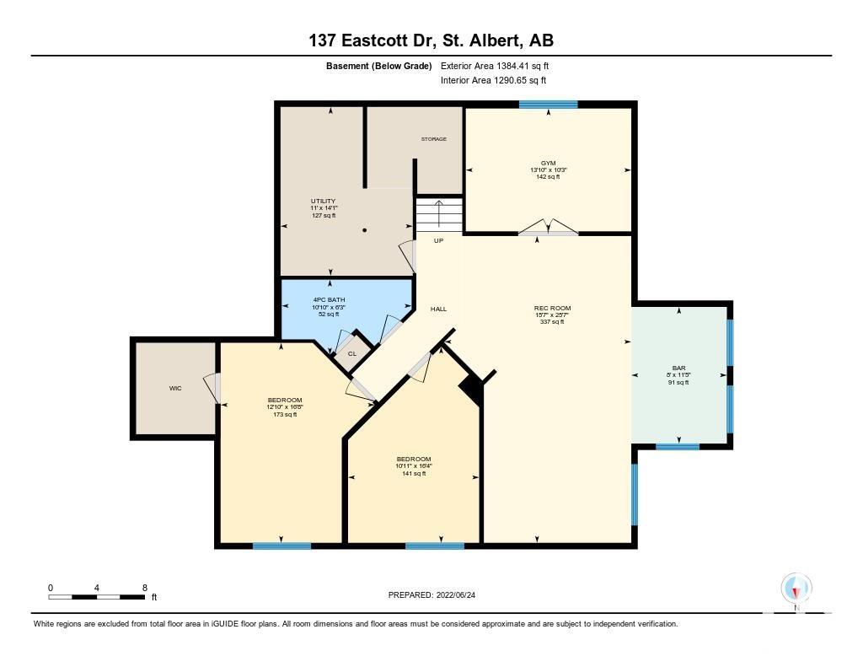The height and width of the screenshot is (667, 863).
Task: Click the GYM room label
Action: point(548,163)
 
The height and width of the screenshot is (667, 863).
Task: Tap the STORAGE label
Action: point(434,139)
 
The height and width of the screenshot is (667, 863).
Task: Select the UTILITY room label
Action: point(323,201)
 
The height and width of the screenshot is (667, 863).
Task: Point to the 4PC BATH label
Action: point(330,300)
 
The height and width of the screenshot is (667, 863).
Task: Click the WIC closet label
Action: point(175,388)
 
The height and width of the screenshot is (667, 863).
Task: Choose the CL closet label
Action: point(352,353)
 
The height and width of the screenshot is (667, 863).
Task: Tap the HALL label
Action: point(438,309)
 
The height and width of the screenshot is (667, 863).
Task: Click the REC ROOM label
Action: point(552,309)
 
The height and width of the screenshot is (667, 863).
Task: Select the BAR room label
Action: point(678,368)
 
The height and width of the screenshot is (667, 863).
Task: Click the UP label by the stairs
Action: point(438,240)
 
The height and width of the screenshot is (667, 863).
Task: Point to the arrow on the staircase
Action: point(438,213)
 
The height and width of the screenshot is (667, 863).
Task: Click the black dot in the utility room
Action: point(364,230)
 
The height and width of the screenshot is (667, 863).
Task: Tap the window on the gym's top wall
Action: point(548,104)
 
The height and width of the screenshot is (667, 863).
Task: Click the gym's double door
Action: point(548,228)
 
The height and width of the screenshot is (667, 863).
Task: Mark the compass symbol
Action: point(796,589)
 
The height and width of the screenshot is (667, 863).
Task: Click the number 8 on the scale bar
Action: point(145,588)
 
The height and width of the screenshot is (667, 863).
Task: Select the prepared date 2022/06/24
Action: point(456,594)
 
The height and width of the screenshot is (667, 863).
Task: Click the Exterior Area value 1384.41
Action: point(512,66)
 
